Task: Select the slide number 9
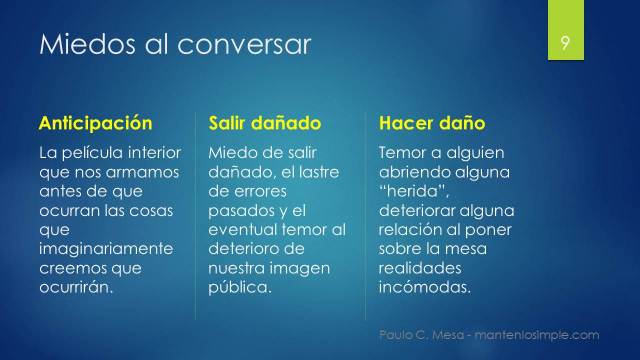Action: coord(566,44)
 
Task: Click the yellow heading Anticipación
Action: coord(95,124)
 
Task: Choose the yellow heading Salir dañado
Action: coord(264,124)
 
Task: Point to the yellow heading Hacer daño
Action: coord(432,124)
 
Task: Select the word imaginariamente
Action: coord(105,249)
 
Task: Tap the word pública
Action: coord(239,287)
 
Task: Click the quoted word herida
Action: coord(411,192)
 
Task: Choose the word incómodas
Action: coord(424,287)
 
